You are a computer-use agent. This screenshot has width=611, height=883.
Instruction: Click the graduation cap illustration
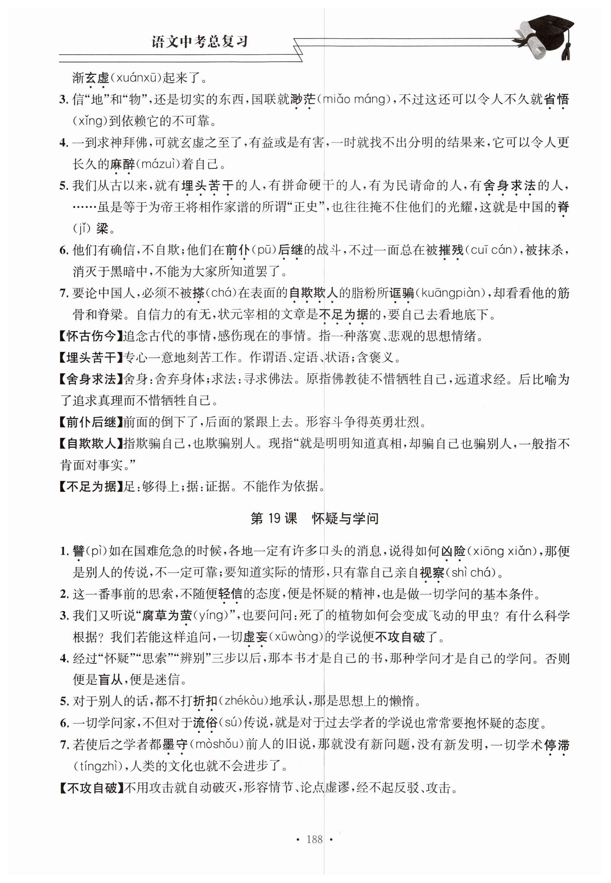pos(546,37)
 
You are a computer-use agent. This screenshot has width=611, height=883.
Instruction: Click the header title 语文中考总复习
pos(200,42)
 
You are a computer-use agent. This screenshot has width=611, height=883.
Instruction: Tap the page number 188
pos(314,839)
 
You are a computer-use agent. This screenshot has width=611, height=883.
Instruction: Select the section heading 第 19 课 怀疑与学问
pos(314,518)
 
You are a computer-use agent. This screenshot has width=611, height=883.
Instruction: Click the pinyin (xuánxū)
pos(136,78)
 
